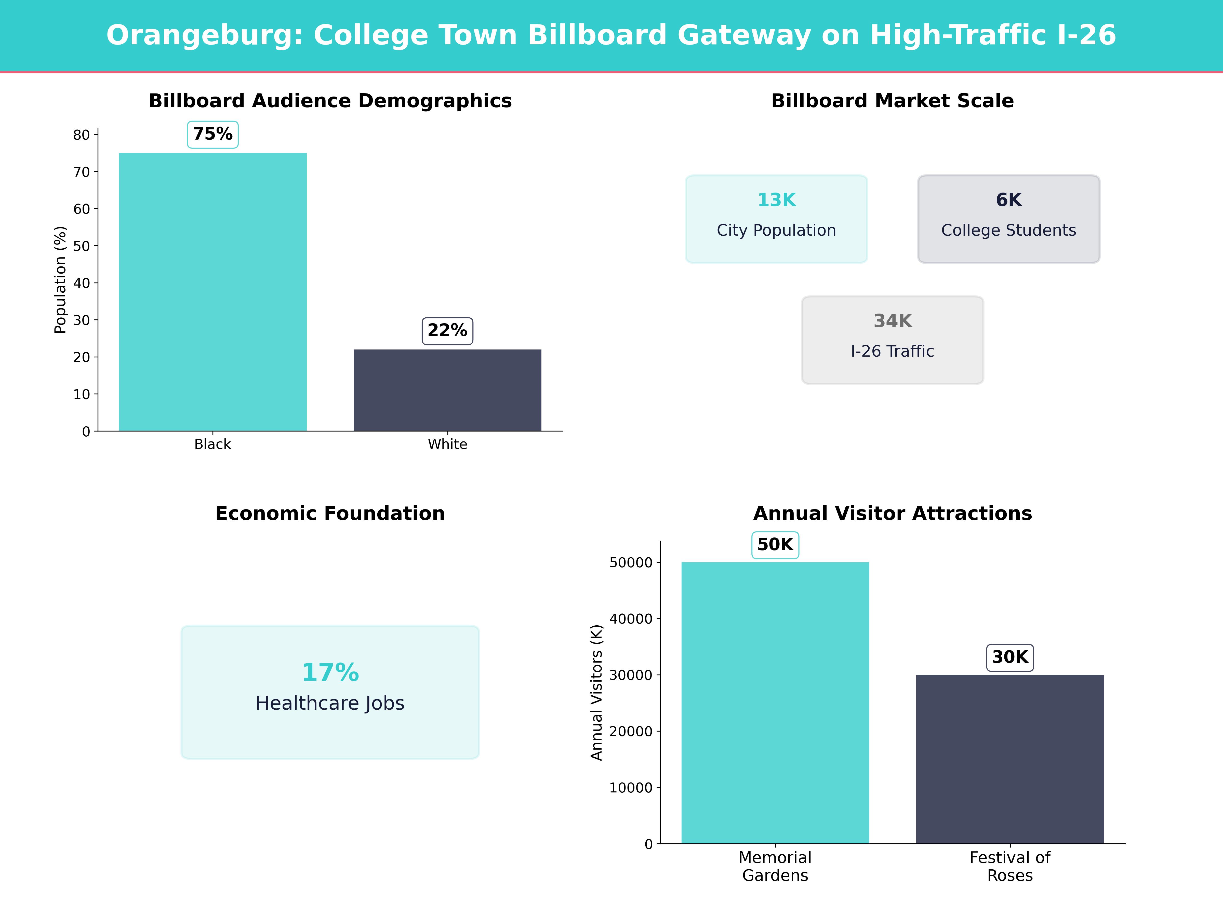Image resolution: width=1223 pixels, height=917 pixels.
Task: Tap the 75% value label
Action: [x=213, y=134]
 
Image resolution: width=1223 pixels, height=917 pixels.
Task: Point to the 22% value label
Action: [x=447, y=331]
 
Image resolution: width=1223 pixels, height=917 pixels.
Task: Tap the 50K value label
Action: [x=775, y=545]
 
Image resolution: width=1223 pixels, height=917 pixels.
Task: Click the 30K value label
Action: [x=1009, y=657]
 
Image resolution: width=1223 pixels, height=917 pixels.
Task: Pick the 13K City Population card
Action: [x=776, y=219]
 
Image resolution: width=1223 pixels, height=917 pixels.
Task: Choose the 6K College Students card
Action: [x=1008, y=219]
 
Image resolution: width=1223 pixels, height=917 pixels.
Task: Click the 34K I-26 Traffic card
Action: [x=892, y=340]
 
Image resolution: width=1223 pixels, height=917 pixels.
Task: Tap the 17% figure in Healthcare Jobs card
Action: [x=330, y=673]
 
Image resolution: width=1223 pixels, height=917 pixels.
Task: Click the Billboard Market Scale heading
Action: [x=892, y=101]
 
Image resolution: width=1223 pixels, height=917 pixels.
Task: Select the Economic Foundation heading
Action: [x=330, y=514]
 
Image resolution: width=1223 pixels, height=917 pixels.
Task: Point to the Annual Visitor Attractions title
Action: [x=892, y=514]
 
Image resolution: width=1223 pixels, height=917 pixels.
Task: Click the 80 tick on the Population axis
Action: [x=81, y=135]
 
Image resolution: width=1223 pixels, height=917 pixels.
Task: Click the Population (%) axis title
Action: [x=60, y=280]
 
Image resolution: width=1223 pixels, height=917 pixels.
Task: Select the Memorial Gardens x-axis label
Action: [x=775, y=866]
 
